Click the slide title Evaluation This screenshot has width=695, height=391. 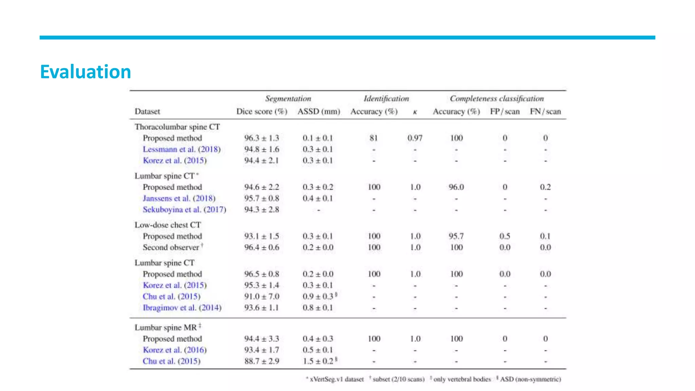[86, 72]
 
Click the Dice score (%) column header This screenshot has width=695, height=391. [262, 112]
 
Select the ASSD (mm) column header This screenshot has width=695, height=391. [319, 112]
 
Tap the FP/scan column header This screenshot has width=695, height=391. [505, 112]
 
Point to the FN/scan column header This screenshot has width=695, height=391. [545, 112]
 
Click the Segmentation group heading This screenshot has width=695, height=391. [288, 99]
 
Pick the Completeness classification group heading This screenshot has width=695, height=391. [497, 99]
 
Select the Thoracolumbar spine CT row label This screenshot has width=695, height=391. [177, 127]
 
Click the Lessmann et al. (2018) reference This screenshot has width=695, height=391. [182, 149]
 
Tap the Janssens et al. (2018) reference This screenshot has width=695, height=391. [179, 198]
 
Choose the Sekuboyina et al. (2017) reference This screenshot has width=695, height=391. [184, 209]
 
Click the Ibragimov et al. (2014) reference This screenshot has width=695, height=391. [182, 308]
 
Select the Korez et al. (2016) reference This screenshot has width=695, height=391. [175, 350]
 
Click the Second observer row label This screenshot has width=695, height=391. [171, 247]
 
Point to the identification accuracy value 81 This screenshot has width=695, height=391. [374, 138]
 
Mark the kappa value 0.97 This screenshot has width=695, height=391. [415, 138]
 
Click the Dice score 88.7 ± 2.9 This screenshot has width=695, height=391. [262, 361]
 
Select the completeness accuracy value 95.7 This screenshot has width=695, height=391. [456, 236]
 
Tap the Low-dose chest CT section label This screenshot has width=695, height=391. [168, 225]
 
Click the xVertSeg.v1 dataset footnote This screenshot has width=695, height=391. [336, 379]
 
